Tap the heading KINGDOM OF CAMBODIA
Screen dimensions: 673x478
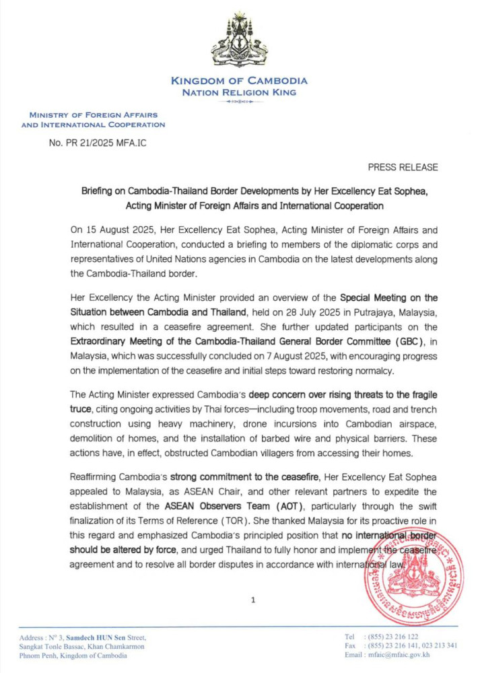239,81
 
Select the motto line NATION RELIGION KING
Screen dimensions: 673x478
239,92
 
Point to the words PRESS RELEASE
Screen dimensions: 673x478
403,167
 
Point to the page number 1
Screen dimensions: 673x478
252,600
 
